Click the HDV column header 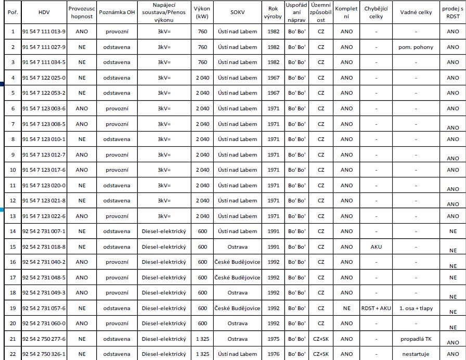pos(44,11)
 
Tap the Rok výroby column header pos(273,11)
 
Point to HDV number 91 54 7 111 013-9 pos(44,32)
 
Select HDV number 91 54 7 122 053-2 pos(44,93)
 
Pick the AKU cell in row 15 pos(376,247)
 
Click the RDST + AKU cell pos(376,308)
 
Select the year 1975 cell pos(273,339)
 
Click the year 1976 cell pos(273,354)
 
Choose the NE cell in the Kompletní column pos(346,308)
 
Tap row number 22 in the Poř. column pos(13,354)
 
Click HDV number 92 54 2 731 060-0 pos(44,324)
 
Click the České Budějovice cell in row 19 pos(237,308)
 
